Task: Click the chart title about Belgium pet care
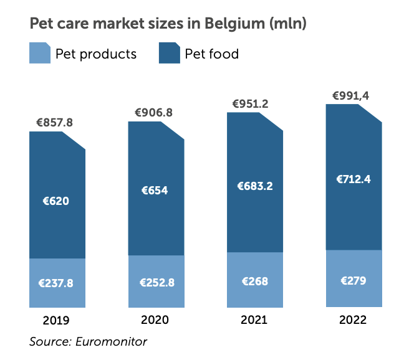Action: tap(168, 24)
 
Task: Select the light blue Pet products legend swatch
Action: tap(40, 54)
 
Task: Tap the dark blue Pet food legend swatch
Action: tap(170, 54)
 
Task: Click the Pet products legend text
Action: tap(96, 54)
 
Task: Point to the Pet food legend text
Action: tap(212, 54)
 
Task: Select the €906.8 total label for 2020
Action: tap(154, 113)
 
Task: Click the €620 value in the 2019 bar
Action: tap(56, 201)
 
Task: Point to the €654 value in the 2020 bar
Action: tap(155, 191)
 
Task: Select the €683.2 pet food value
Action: tap(255, 186)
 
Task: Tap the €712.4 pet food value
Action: tap(353, 180)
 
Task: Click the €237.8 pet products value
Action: tap(56, 283)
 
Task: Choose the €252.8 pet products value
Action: tap(156, 282)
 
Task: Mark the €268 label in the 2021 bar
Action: tap(255, 281)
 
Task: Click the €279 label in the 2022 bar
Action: tap(353, 280)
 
